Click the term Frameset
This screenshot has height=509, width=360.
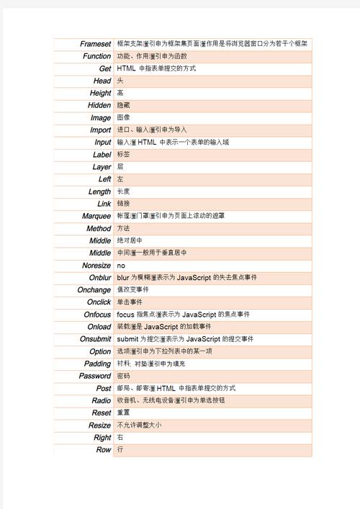pyautogui.click(x=95, y=44)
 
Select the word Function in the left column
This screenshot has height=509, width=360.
pyautogui.click(x=96, y=56)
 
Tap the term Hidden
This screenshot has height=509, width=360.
pyautogui.click(x=99, y=105)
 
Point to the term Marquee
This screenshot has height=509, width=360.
pyautogui.click(x=96, y=216)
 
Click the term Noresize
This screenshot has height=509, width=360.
pyautogui.click(x=96, y=266)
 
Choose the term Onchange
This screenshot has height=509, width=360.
pyautogui.click(x=94, y=290)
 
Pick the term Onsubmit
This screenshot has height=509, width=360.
pyautogui.click(x=95, y=339)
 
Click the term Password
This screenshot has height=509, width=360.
pyautogui.click(x=95, y=376)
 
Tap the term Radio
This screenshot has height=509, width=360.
pyautogui.click(x=102, y=400)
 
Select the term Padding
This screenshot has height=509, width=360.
pyautogui.click(x=98, y=364)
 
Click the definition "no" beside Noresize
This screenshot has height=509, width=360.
pyautogui.click(x=120, y=266)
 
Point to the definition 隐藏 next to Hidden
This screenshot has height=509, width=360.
pyautogui.click(x=124, y=105)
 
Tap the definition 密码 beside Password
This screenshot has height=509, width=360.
pyautogui.click(x=124, y=376)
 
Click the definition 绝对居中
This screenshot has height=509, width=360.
pyautogui.click(x=130, y=240)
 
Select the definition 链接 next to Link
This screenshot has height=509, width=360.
pyautogui.click(x=124, y=204)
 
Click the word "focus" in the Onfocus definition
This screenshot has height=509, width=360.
pyautogui.click(x=124, y=315)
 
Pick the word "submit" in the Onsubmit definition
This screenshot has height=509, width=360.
pyautogui.click(x=127, y=339)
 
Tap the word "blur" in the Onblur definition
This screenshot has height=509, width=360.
pyautogui.click(x=122, y=278)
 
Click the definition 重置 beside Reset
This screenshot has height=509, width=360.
pyautogui.click(x=124, y=413)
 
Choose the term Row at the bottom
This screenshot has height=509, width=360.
pyautogui.click(x=104, y=449)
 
